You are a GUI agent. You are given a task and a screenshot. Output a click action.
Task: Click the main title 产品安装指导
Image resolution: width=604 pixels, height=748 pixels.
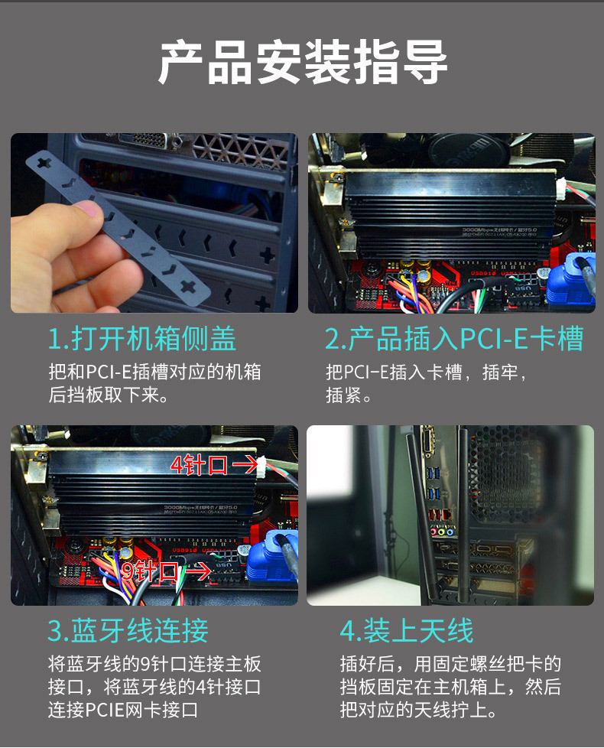pos(302,63)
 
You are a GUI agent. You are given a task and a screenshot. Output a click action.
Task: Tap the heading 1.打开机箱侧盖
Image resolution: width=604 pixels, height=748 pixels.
pos(142,338)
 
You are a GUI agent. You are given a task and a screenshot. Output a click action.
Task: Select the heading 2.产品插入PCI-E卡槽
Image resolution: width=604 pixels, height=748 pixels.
pos(454,338)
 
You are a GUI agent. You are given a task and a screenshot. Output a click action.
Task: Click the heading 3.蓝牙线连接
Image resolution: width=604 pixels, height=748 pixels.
pos(128,630)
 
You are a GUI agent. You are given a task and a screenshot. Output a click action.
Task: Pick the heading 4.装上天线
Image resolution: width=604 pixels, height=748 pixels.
pos(407,630)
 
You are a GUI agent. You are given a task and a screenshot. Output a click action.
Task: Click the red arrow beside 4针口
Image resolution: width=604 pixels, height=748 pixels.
pos(244,464)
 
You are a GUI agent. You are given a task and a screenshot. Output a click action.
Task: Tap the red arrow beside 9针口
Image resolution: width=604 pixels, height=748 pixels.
pos(199,571)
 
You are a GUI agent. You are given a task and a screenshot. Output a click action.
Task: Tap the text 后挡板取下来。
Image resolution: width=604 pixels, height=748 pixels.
pos(108,396)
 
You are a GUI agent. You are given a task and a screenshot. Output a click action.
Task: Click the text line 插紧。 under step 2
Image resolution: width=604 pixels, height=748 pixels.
pos(349,396)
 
